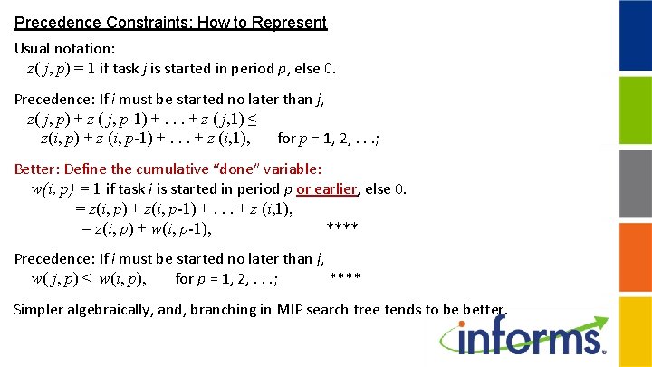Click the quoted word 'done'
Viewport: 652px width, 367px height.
coord(237,169)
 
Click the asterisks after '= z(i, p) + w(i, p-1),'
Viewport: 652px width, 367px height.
coord(341,226)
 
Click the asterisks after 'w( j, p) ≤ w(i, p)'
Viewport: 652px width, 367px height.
coord(345,275)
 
